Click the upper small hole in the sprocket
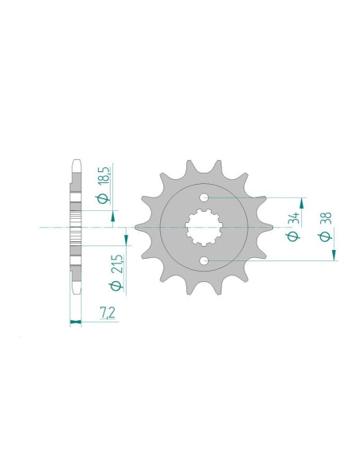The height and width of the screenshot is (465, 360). tap(204, 197)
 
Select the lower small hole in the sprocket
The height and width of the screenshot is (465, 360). tap(204, 261)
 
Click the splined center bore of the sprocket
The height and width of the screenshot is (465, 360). tap(204, 229)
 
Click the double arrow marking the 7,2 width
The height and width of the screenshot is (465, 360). tap(76, 322)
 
